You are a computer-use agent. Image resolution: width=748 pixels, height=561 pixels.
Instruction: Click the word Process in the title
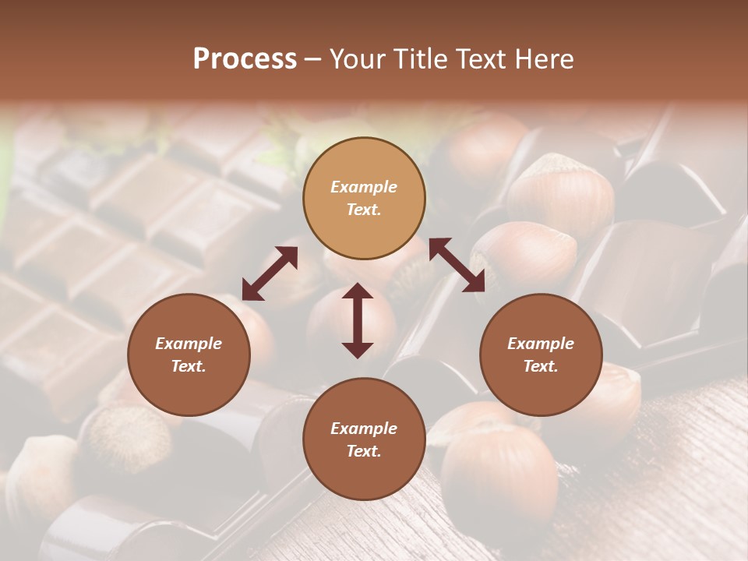(x=245, y=58)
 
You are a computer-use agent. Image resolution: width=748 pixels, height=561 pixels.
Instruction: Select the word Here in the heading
(x=543, y=58)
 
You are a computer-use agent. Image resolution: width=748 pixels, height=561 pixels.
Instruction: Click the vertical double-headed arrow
(x=358, y=320)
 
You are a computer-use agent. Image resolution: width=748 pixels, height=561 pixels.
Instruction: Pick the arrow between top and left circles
(x=270, y=273)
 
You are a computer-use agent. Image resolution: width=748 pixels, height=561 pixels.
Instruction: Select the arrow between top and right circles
(x=457, y=265)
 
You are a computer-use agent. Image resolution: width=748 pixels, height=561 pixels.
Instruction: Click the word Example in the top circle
(x=364, y=187)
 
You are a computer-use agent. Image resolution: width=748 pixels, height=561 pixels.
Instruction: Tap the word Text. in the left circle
(x=189, y=366)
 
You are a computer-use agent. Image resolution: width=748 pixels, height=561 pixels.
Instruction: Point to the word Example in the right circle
(x=541, y=344)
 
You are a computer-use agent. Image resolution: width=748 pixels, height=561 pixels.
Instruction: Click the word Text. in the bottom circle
(x=364, y=451)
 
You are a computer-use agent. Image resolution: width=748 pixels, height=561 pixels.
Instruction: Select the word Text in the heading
(x=478, y=58)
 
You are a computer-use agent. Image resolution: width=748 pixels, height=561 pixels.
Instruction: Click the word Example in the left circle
(x=189, y=344)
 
